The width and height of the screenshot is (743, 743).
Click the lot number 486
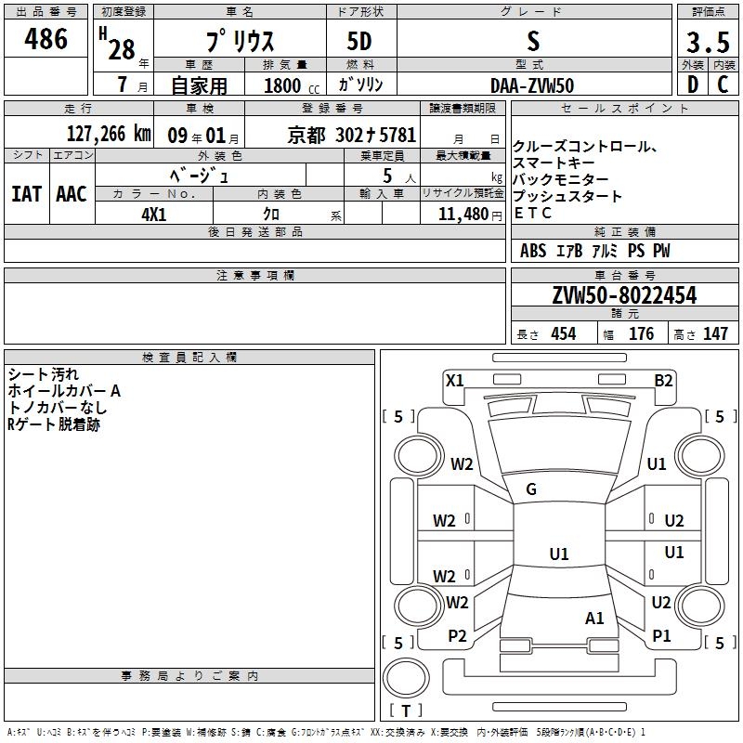point(47,39)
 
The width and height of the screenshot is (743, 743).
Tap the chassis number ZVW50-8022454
point(624,295)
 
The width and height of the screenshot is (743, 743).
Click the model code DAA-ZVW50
point(532,85)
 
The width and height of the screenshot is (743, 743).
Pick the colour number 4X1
point(154,213)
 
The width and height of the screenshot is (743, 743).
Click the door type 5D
point(360,42)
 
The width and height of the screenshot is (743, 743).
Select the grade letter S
point(532,42)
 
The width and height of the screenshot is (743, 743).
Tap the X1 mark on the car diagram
point(455,380)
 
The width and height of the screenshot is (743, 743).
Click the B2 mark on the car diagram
point(663,380)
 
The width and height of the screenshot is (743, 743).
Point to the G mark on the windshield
point(531,489)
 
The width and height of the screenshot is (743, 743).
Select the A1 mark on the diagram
point(595,618)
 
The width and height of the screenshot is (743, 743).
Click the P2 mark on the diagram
point(457,636)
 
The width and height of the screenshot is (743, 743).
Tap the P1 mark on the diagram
point(661,636)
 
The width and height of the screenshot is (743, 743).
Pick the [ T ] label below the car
point(406,710)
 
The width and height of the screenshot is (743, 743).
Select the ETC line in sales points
point(533,213)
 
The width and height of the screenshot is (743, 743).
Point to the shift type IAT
point(26,193)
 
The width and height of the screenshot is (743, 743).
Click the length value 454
point(564,333)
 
